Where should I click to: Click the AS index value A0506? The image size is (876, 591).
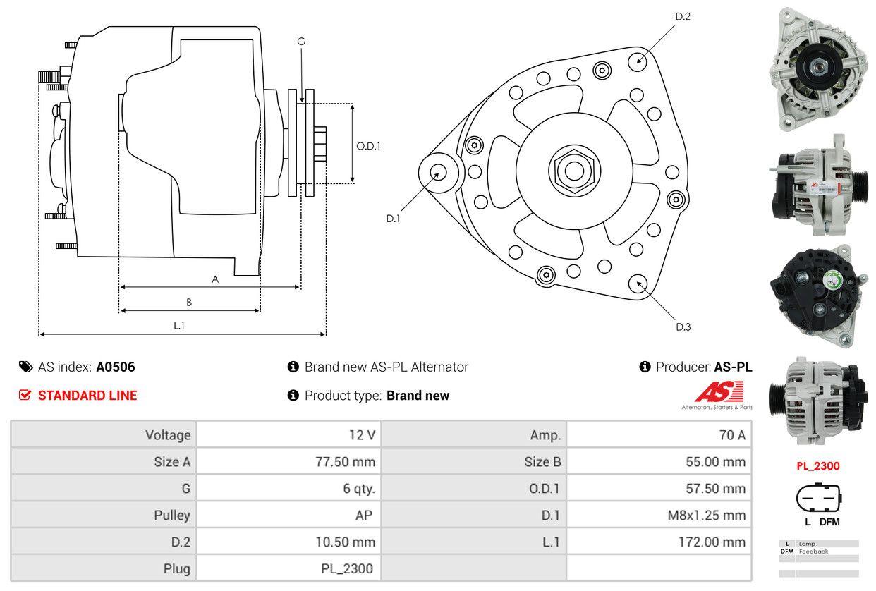coord(116,367)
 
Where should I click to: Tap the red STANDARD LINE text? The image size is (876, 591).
coord(87,396)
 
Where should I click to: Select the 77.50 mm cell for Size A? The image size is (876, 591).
coord(345,462)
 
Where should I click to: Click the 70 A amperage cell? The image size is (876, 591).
coord(731,435)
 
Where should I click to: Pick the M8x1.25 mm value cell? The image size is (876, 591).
coord(706,516)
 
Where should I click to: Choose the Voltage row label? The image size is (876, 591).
coord(168,435)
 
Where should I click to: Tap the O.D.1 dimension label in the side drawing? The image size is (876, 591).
coord(368,147)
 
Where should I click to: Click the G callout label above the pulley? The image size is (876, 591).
coord(301,42)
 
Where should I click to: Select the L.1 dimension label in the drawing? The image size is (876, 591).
coord(179,325)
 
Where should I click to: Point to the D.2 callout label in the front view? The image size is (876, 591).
coord(682,16)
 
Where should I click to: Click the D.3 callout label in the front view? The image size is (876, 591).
coord(683,326)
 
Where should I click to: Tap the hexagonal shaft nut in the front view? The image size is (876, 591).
coord(570,169)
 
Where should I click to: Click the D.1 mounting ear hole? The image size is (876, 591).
coord(437,172)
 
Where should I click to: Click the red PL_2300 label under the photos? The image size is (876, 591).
coord(818,465)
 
